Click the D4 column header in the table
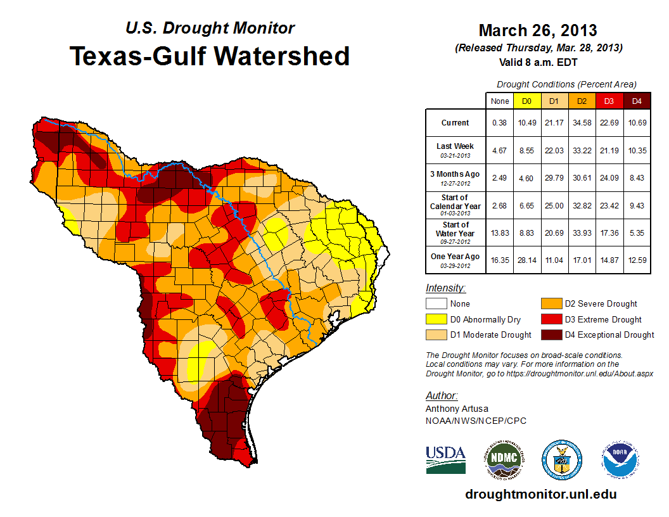[637, 101]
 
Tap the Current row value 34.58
[582, 123]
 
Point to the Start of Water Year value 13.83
[499, 233]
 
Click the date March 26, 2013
[538, 30]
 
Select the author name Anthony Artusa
[457, 409]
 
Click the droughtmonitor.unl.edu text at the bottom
[540, 494]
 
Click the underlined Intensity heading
[445, 288]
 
